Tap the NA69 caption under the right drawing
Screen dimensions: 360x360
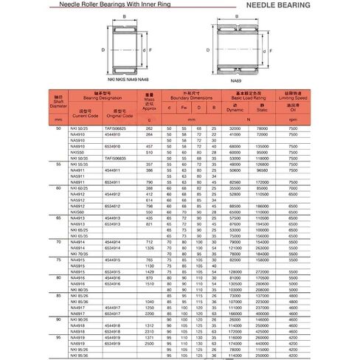(236, 80)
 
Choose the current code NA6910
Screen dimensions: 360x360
(77, 146)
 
